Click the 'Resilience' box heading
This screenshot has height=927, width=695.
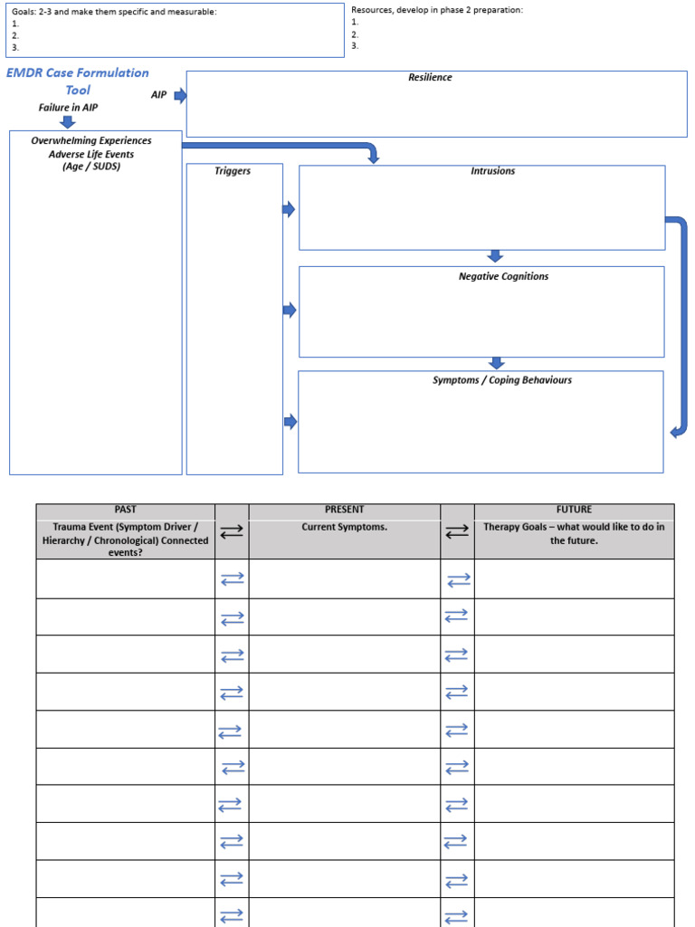[x=430, y=78]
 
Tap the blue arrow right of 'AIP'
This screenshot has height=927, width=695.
[x=180, y=95]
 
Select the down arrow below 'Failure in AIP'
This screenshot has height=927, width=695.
[x=68, y=121]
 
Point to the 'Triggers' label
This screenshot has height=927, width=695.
[x=233, y=171]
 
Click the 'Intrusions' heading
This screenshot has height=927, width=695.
[x=492, y=171]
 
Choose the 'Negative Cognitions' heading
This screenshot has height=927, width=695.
[x=503, y=277]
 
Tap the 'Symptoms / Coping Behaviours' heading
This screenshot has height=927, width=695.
[x=501, y=380]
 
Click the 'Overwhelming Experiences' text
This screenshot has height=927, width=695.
[x=91, y=141]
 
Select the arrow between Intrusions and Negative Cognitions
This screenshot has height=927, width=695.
[x=494, y=256]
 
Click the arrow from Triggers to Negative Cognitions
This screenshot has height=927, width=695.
[x=290, y=311]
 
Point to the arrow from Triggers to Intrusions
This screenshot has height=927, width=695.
[x=289, y=210]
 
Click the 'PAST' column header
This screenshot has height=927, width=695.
[x=125, y=510]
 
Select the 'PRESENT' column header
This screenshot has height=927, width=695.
[x=344, y=510]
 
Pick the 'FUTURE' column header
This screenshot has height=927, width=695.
[x=574, y=510]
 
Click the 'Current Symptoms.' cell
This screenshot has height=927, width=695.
[x=344, y=527]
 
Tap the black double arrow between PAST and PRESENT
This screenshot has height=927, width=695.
[x=232, y=533]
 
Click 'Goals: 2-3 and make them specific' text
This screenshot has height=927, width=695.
[x=114, y=12]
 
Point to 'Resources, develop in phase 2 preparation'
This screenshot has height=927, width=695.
[x=437, y=10]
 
